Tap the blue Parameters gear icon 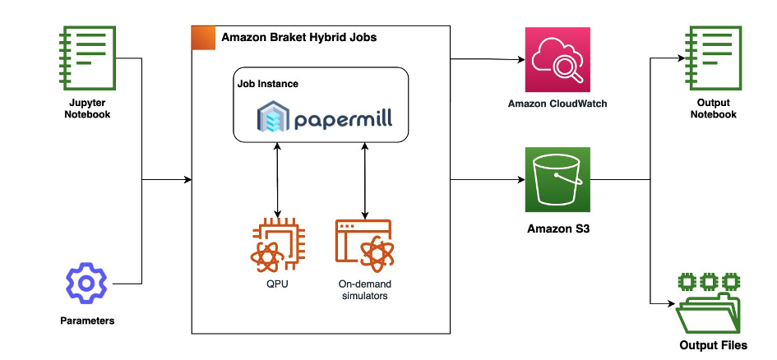[x=86, y=284]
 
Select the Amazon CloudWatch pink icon [x=558, y=59]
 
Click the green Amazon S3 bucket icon [x=558, y=180]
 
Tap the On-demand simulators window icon [x=363, y=247]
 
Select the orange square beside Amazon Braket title [x=203, y=38]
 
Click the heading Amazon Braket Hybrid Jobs [x=298, y=38]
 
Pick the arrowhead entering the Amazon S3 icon [x=520, y=180]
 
